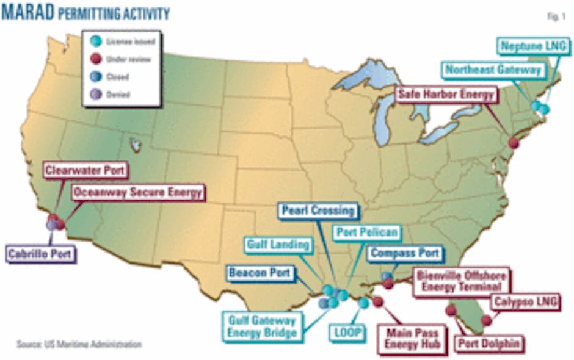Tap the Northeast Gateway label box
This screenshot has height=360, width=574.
click(493, 70)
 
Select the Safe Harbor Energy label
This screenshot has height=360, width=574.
click(445, 95)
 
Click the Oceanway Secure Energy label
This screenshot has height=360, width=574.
click(137, 193)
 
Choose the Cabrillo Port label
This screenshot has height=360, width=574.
click(42, 253)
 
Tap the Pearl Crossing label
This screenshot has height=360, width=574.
click(318, 211)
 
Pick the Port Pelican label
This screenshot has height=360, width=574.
click(366, 232)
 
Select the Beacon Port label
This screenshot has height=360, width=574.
click(260, 272)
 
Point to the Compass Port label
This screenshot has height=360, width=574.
click(404, 253)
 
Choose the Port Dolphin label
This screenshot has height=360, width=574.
click(489, 344)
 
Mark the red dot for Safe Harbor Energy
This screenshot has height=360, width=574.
click(514, 143)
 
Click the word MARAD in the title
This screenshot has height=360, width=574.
click(28, 13)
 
